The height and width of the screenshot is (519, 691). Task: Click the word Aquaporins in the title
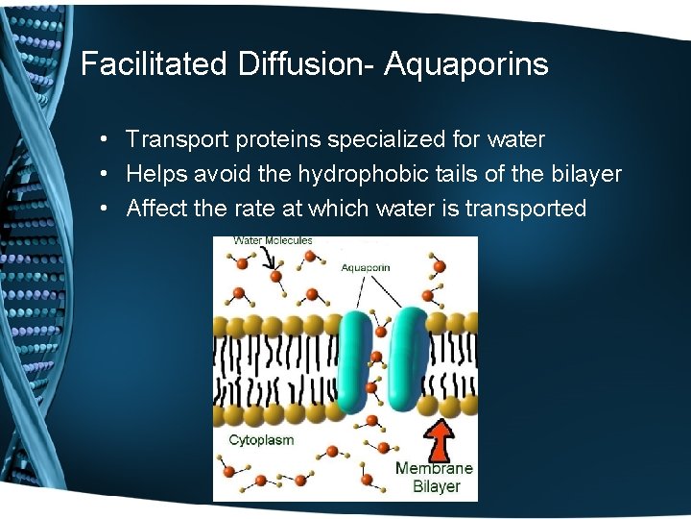[466, 64]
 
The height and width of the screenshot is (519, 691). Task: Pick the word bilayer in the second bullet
[584, 175]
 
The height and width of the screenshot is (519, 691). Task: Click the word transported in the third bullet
[525, 209]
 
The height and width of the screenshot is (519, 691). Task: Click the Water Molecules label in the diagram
[274, 241]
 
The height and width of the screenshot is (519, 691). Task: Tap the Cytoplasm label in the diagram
[261, 439]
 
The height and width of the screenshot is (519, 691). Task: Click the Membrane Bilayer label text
[435, 477]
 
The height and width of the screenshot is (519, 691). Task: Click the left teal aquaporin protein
[354, 360]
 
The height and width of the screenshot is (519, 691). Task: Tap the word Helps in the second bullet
[155, 175]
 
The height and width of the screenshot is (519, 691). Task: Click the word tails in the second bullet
[484, 175]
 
